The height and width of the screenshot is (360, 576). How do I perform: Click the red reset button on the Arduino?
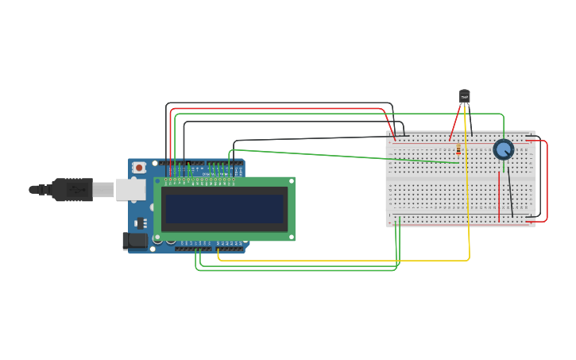(x=139, y=168)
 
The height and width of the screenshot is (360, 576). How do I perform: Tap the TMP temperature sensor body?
(x=465, y=96)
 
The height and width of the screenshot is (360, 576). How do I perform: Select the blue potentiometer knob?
(x=504, y=149)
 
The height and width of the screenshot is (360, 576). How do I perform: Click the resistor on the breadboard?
(x=458, y=149)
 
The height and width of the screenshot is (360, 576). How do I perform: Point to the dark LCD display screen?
(x=223, y=209)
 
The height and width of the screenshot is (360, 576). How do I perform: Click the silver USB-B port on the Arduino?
(x=130, y=189)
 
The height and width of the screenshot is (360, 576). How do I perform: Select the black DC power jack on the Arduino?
(x=134, y=240)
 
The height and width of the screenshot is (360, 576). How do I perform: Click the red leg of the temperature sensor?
(x=456, y=120)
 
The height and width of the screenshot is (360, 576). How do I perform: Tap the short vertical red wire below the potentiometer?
(x=499, y=197)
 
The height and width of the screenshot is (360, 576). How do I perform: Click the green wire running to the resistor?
(x=342, y=156)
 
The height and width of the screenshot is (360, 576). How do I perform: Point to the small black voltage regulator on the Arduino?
(x=141, y=223)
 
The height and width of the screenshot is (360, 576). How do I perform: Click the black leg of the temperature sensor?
(x=470, y=120)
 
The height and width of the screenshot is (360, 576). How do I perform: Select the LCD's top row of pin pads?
(x=199, y=180)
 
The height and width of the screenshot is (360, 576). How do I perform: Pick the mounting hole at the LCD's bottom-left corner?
(x=158, y=237)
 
